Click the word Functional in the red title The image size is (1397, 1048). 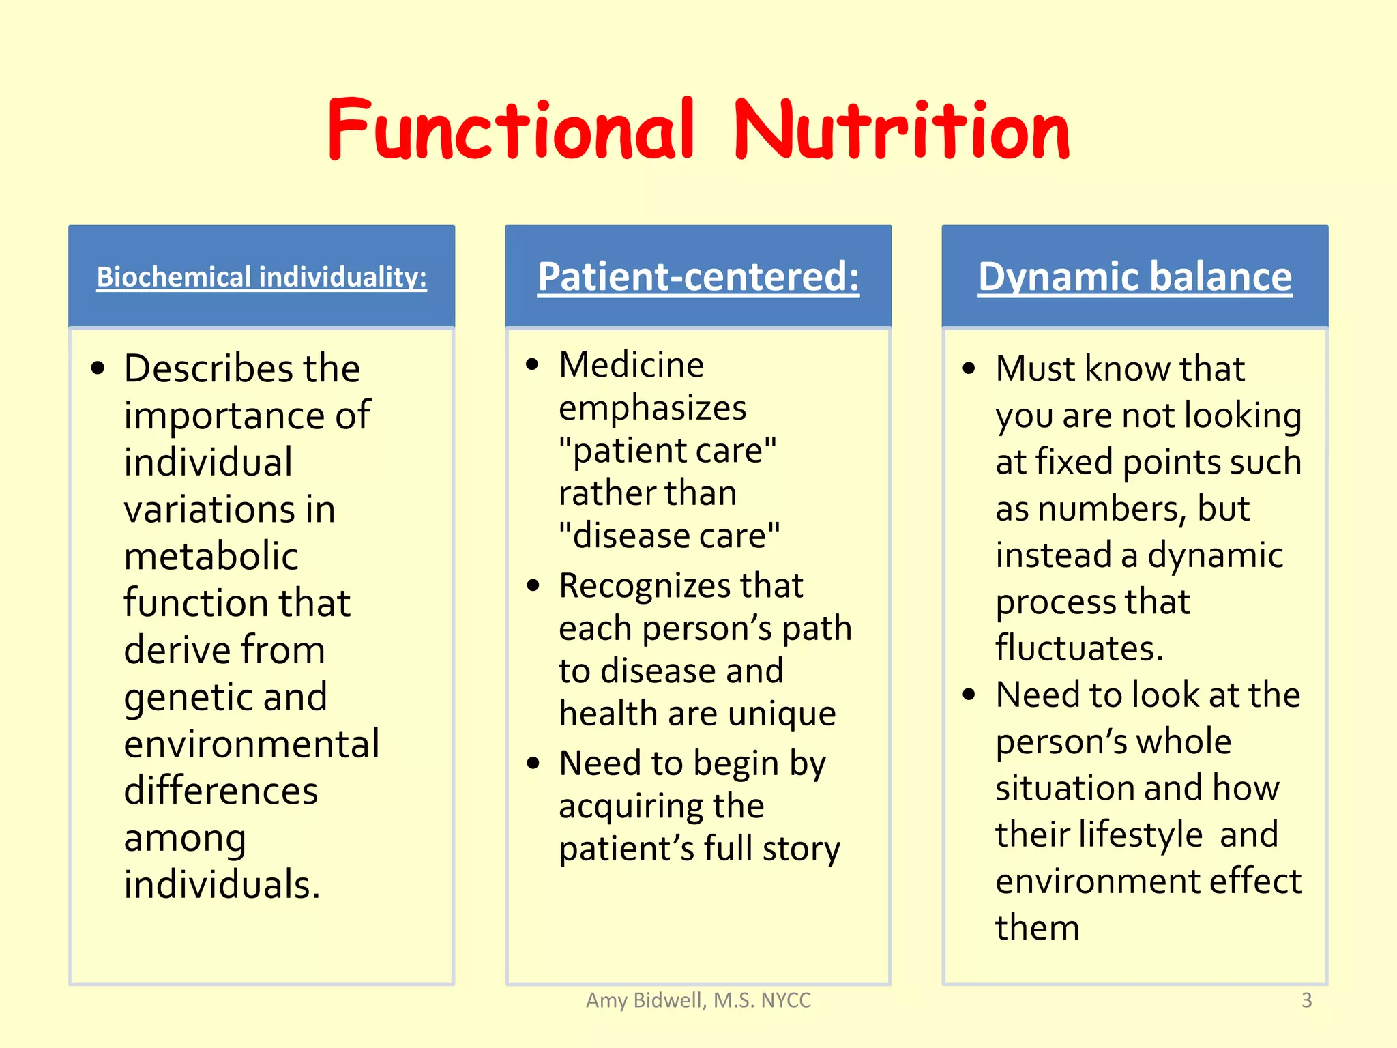512,130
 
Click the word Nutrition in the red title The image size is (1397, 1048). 900,130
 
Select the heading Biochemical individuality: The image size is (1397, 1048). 261,277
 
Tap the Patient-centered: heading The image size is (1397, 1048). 698,277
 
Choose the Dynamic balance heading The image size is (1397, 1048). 1134,277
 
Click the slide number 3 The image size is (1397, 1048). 1306,1000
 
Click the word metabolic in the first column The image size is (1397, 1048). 211,555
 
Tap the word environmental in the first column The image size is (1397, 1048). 251,744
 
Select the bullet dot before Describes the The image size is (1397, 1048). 98,369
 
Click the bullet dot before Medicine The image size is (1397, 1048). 533,364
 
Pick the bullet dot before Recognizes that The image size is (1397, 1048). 533,585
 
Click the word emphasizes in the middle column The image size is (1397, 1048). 652,408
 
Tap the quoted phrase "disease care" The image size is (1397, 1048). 668,536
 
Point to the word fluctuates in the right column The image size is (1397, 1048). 1078,648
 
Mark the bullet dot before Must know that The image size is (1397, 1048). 969,369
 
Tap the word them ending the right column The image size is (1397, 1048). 1037,928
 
